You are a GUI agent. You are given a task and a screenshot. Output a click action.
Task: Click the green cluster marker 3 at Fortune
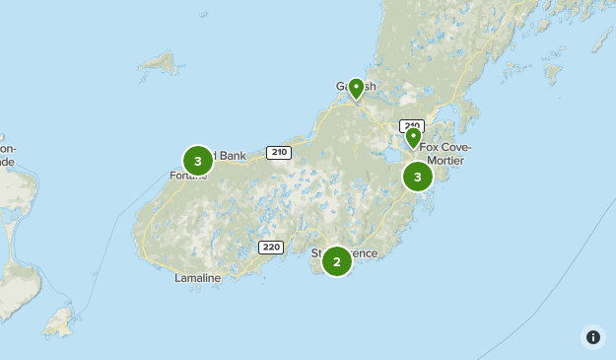click(198, 160)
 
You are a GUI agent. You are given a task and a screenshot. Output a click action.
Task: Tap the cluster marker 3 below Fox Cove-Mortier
click(418, 177)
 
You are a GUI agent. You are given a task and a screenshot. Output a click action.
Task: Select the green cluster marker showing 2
click(337, 261)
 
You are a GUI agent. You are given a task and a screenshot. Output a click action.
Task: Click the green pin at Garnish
click(356, 88)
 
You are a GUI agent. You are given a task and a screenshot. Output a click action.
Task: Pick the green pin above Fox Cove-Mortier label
click(413, 137)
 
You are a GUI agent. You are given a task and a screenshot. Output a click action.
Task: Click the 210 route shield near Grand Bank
click(279, 152)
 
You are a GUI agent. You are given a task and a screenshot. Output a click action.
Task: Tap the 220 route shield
click(271, 247)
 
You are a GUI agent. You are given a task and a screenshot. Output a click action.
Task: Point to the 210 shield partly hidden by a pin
click(410, 125)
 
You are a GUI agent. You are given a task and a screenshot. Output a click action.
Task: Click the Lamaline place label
click(197, 278)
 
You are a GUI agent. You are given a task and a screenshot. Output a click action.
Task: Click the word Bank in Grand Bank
click(233, 155)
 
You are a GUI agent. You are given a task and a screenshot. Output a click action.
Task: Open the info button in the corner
click(593, 337)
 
